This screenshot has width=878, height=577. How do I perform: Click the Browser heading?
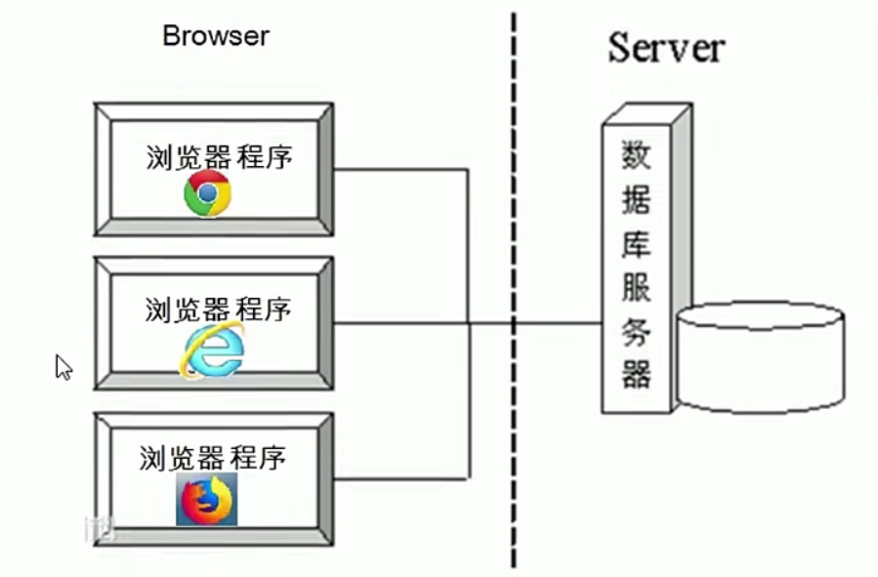[215, 36]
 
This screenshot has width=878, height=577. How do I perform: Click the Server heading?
[667, 46]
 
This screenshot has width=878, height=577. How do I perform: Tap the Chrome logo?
[208, 193]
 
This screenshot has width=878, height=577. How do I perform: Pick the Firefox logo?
[206, 499]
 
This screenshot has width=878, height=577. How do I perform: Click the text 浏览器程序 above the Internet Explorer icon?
[218, 310]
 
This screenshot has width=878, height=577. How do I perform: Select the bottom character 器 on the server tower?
[636, 374]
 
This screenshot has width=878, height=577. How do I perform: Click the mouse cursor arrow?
[63, 366]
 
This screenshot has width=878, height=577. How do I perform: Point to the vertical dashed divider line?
[514, 293]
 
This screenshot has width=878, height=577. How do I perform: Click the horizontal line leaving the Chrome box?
[400, 170]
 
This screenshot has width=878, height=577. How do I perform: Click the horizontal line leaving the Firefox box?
[400, 478]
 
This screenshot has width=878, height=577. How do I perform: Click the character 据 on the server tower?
[636, 200]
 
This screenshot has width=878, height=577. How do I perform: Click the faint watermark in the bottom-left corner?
[101, 530]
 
